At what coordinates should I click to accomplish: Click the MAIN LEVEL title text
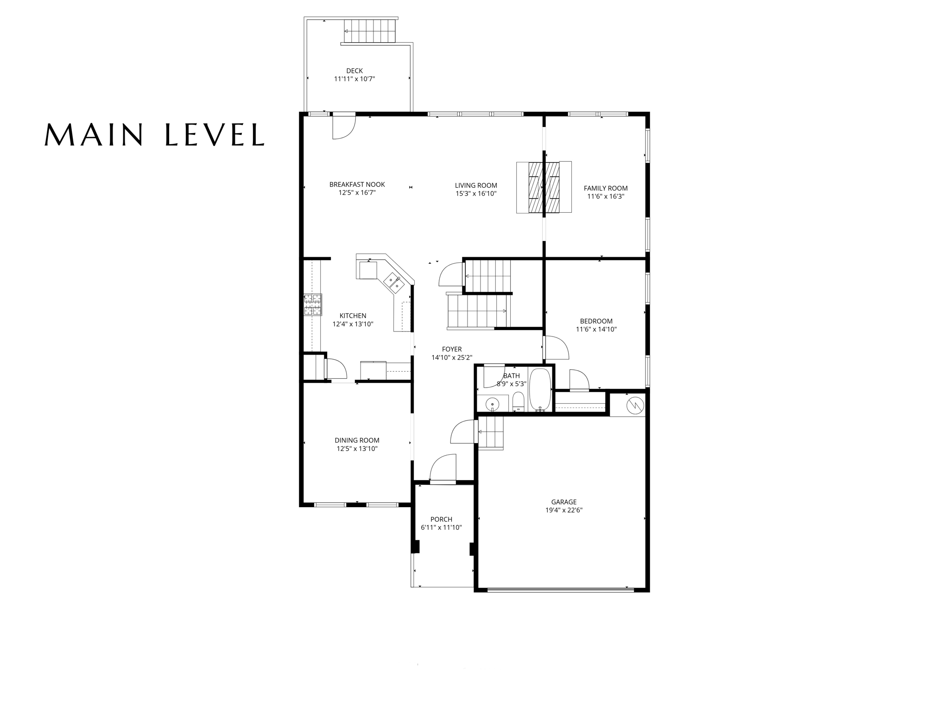(x=154, y=134)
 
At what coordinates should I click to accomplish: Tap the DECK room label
(x=354, y=71)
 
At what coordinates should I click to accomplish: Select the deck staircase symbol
(x=370, y=31)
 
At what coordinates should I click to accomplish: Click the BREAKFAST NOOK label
(x=357, y=184)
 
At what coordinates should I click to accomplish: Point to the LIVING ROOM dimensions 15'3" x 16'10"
(x=476, y=194)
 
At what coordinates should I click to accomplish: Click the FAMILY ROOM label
(x=606, y=188)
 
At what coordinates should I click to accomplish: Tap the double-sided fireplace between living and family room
(x=544, y=187)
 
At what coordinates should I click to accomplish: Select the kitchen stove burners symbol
(x=313, y=305)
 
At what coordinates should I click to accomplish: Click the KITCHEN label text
(x=353, y=316)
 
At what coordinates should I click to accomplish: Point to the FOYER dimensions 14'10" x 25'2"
(x=452, y=358)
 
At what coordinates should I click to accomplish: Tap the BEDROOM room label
(x=596, y=321)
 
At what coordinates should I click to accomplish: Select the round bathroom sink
(x=492, y=405)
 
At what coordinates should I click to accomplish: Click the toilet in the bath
(x=519, y=401)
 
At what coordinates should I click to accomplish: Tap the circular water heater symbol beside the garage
(x=634, y=406)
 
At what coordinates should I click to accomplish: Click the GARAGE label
(x=563, y=502)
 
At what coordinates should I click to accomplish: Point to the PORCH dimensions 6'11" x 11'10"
(x=441, y=528)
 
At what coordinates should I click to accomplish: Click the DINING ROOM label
(x=357, y=440)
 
